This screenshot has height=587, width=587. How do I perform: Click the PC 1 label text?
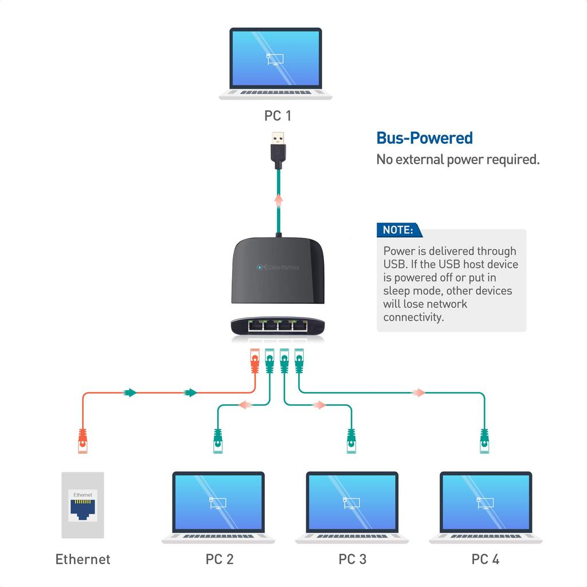[277, 116]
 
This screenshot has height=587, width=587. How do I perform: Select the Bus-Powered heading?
[424, 138]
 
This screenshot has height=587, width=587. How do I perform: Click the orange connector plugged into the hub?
[255, 362]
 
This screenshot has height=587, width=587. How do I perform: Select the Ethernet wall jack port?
[83, 508]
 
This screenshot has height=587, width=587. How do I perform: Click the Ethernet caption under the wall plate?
[83, 559]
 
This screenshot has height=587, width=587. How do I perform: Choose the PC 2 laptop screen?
[218, 502]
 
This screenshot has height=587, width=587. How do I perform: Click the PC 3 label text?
[352, 559]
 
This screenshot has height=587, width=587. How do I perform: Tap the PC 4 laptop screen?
[486, 502]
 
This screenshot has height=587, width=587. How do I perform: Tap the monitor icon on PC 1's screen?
[275, 58]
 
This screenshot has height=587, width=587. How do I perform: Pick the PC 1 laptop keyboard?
[276, 92]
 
